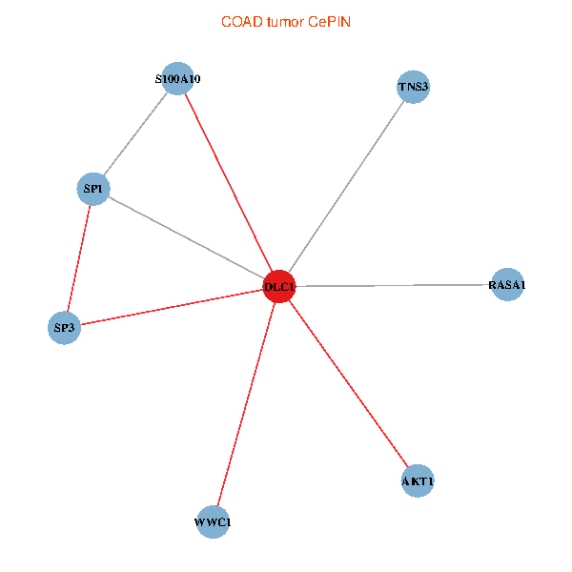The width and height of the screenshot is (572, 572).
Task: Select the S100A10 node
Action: [x=178, y=79]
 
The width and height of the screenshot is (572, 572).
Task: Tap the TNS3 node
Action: [x=413, y=88]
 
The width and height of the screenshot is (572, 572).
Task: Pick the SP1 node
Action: [x=93, y=189]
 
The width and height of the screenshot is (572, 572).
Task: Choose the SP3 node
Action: [x=64, y=329]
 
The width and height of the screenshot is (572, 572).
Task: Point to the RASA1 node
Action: [x=507, y=285]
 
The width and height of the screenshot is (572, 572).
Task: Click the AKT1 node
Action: [x=418, y=481]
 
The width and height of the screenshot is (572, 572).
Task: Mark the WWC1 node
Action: [x=213, y=522]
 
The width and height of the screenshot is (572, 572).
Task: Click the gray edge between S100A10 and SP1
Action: [x=136, y=133]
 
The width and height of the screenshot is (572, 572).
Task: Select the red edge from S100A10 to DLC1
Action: [x=229, y=183]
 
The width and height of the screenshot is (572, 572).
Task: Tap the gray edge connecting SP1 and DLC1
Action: [x=186, y=237]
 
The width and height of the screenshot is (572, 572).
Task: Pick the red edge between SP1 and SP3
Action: [x=79, y=258]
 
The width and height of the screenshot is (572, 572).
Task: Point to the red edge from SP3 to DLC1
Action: [x=172, y=307]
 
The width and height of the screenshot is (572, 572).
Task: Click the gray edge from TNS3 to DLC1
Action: [x=346, y=187]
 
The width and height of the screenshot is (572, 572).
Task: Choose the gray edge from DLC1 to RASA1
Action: [x=393, y=285]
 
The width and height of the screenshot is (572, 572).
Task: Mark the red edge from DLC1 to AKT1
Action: [x=348, y=383]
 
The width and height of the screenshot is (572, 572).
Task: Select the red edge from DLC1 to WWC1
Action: [x=246, y=404]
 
